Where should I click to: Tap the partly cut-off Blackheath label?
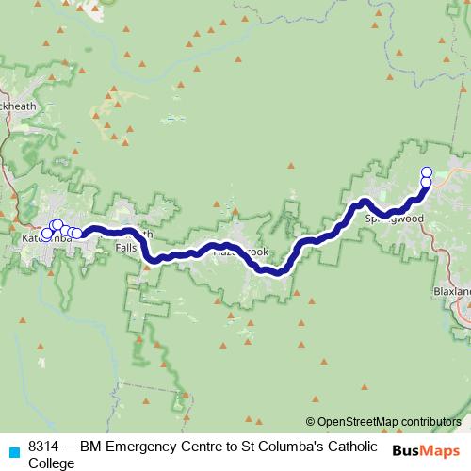click(x=19, y=106)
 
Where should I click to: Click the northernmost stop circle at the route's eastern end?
click(x=426, y=172)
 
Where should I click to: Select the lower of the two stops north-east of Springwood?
click(x=426, y=182)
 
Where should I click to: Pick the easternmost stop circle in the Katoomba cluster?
click(x=76, y=233)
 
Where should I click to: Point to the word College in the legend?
click(x=51, y=463)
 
